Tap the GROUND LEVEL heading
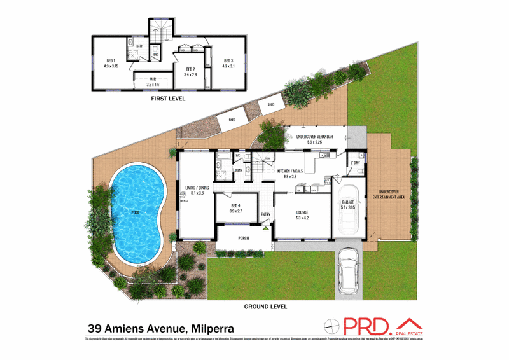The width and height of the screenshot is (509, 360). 266,306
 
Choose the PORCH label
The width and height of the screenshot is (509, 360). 244,239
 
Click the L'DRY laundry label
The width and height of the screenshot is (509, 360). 356,163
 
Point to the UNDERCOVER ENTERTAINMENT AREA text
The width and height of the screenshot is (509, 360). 392,194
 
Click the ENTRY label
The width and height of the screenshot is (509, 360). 266,214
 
